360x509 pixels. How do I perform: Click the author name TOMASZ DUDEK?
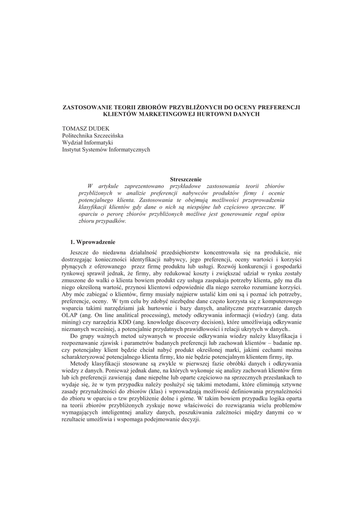(x=82, y=128)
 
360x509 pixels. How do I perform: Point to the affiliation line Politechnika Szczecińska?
(x=93, y=135)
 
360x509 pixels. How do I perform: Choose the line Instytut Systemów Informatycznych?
(x=106, y=149)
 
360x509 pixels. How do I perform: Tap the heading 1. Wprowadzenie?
(x=92, y=242)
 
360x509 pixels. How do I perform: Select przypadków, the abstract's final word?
(x=112, y=221)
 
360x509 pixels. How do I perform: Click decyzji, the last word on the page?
(x=190, y=420)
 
